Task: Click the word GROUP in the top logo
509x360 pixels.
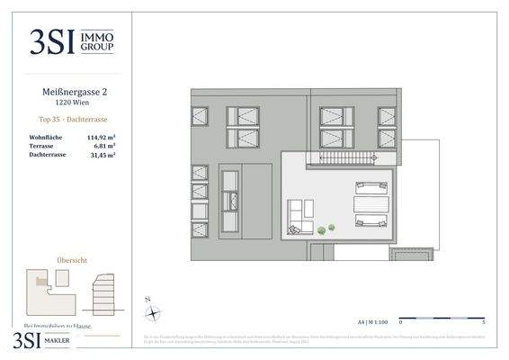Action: coord(97,47)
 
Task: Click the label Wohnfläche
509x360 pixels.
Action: coord(44,137)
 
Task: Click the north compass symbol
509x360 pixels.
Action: coord(154,311)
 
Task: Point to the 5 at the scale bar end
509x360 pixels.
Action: coord(483,320)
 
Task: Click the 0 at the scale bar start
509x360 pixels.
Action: coord(401,320)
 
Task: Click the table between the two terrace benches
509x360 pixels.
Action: coord(371,204)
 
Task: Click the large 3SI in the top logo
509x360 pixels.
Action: coord(55,41)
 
